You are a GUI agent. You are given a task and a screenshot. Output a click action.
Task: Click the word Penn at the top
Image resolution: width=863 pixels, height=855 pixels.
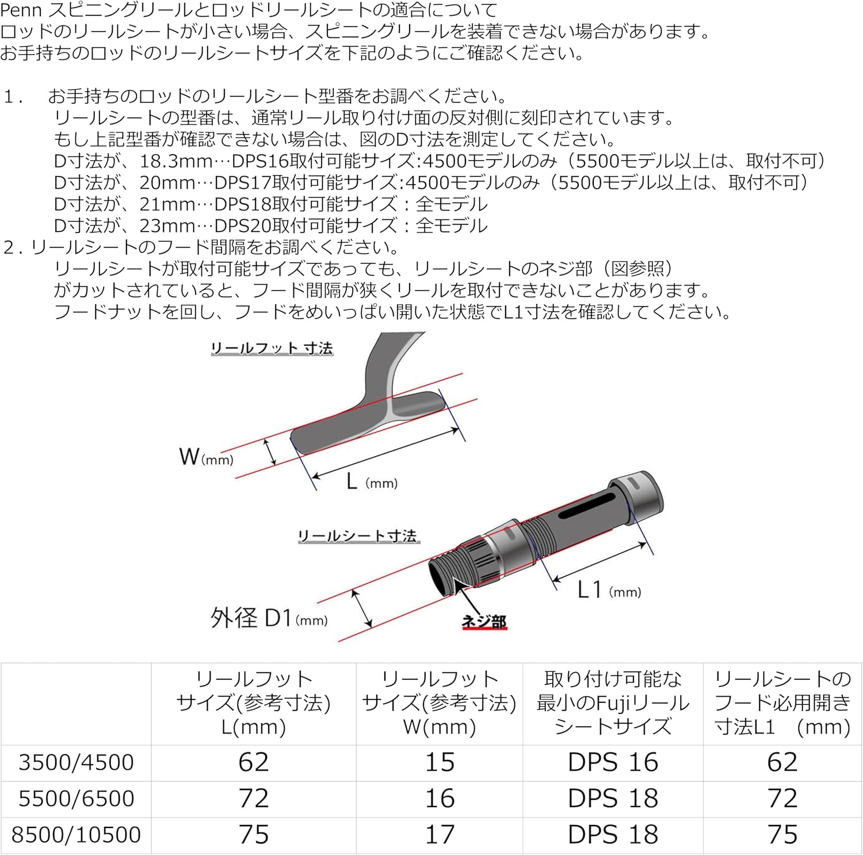coord(21,10)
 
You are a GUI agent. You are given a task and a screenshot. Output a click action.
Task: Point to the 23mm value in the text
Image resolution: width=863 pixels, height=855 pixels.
coord(167,225)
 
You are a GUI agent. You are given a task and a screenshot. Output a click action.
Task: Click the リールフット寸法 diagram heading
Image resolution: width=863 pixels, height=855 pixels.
coord(272,348)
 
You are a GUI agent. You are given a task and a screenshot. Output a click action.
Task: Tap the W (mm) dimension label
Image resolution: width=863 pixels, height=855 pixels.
coord(206,457)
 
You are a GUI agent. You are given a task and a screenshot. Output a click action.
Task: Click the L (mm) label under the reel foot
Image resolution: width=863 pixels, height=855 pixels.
coord(372,481)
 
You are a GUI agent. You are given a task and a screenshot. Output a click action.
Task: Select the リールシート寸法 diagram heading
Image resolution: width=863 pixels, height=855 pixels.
coord(358,536)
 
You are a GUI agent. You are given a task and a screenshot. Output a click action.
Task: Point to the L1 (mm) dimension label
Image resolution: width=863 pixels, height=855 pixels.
coord(609,590)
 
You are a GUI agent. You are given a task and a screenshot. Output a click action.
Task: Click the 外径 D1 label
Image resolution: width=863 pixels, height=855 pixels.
coord(269,618)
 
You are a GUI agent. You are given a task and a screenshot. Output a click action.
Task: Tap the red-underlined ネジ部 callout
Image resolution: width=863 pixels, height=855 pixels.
coord(484,621)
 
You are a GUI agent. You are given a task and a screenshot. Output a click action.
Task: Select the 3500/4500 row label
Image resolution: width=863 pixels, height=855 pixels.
coord(76,762)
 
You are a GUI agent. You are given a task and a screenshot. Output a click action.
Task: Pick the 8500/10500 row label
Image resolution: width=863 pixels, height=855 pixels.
coord(76,835)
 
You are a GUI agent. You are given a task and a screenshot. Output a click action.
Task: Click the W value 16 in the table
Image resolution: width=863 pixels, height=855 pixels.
coord(440,799)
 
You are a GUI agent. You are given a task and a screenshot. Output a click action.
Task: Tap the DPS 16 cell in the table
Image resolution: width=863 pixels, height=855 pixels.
coord(613,762)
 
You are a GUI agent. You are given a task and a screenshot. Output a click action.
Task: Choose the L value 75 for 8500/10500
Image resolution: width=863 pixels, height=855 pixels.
coord(254,835)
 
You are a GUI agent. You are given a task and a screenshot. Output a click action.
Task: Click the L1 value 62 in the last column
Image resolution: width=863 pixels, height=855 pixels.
coord(782,762)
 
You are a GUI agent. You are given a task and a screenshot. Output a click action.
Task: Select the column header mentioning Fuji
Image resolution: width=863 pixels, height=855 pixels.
coord(613,703)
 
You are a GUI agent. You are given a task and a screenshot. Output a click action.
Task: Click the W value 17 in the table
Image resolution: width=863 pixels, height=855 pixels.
coord(440,835)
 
